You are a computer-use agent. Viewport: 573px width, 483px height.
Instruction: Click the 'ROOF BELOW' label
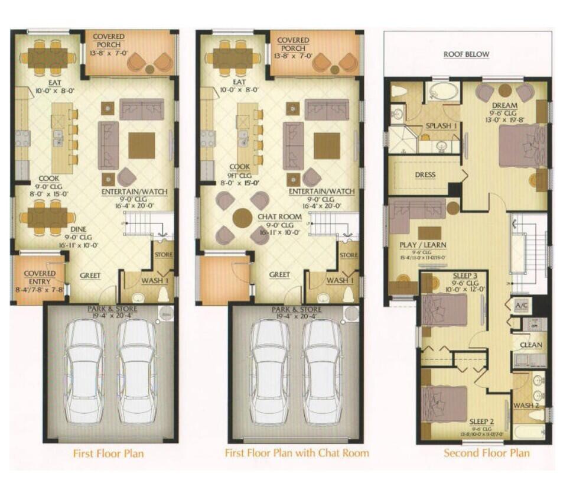466,54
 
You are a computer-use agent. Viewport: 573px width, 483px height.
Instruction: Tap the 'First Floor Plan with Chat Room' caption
297,453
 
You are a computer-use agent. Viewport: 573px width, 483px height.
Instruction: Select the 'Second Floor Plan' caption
487,453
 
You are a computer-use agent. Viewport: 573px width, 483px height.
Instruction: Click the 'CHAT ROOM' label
279,217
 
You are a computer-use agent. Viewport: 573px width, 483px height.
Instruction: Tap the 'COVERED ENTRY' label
40,277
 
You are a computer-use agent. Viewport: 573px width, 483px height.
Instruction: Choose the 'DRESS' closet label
425,175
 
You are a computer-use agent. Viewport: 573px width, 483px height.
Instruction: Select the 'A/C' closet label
521,306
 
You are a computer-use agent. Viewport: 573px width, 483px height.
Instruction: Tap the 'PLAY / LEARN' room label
422,245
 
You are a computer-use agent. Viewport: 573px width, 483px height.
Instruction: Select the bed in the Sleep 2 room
446,396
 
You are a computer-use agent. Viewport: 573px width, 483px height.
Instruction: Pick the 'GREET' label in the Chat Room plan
279,275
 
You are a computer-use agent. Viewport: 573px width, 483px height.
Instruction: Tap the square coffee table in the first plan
142,145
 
